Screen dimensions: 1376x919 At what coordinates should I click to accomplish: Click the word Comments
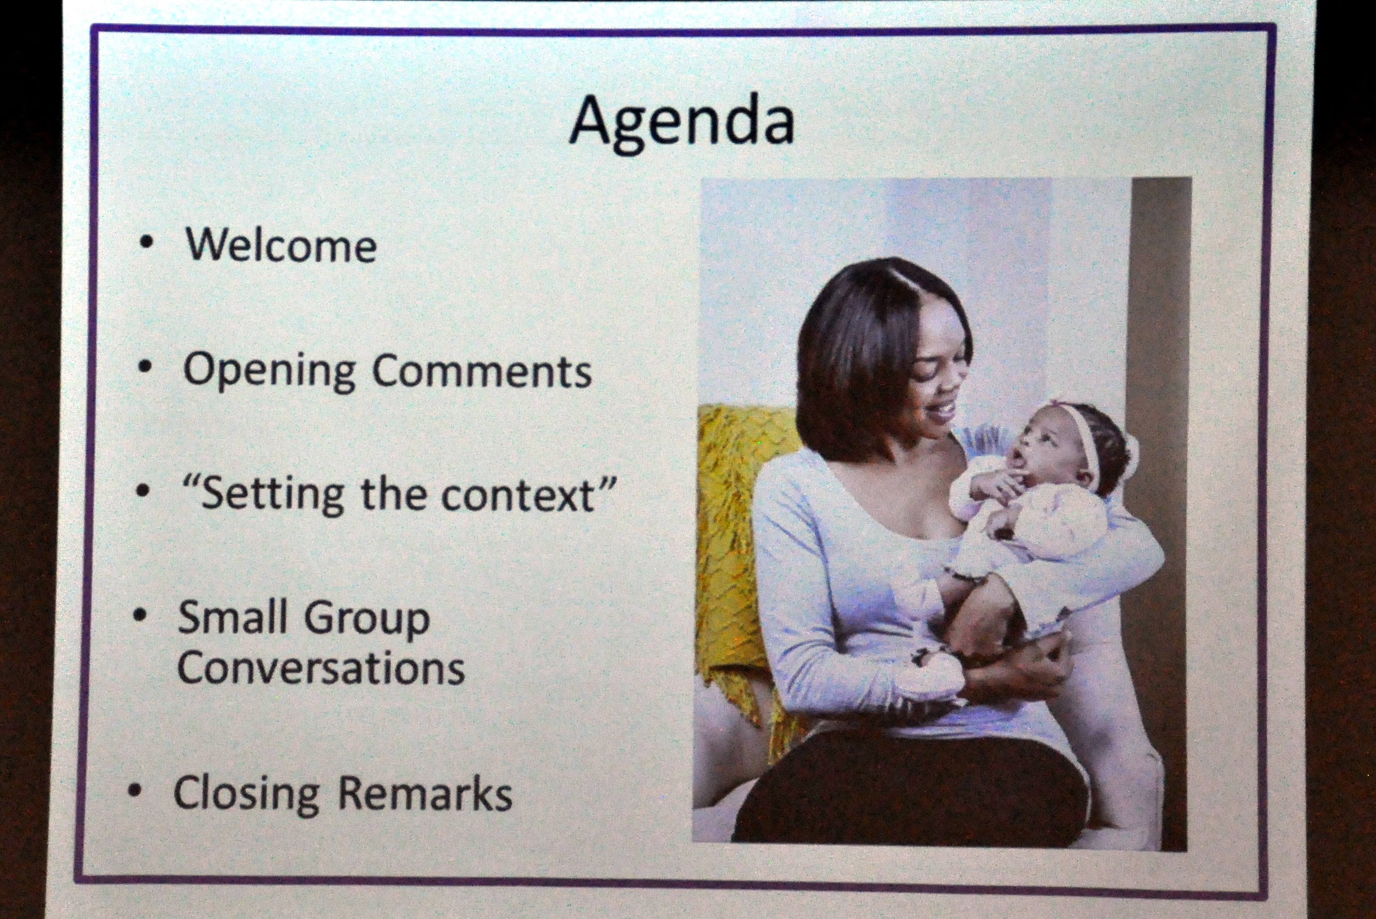coord(482,371)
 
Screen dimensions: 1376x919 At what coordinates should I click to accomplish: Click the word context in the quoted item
coord(519,495)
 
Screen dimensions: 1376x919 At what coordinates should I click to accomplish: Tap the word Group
coord(366,620)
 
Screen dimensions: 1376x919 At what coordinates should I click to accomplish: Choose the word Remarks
coord(425,794)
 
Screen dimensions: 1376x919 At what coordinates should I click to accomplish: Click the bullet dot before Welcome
coord(147,242)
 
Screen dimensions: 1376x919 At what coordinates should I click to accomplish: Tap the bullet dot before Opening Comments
coord(145,368)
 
